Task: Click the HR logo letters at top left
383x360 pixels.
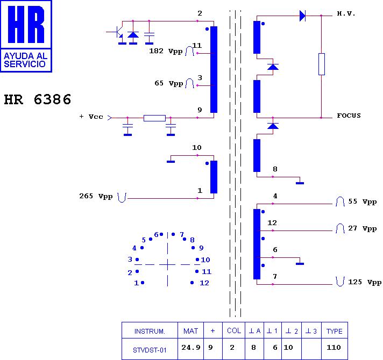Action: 26,24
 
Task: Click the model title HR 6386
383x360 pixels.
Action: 38,99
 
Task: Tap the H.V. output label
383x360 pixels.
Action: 346,13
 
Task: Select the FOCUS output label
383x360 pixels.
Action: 349,116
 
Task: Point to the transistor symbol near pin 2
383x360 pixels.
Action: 118,32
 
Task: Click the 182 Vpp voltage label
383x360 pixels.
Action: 166,51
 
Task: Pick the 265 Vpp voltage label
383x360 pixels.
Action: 96,196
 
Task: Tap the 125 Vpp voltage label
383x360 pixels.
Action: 365,282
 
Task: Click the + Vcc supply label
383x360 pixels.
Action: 91,117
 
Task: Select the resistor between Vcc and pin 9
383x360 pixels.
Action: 154,118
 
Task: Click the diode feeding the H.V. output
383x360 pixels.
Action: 302,16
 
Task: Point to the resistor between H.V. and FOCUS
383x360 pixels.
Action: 322,64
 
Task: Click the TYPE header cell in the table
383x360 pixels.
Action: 335,331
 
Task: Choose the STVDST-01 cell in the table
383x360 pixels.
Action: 150,350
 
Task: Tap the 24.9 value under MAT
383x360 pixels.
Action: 191,347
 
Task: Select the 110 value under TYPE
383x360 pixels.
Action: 334,347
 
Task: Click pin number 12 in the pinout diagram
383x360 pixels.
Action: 204,283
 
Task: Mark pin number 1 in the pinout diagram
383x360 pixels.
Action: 136,283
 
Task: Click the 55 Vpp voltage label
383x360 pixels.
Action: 363,201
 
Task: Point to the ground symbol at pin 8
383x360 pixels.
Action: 300,183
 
